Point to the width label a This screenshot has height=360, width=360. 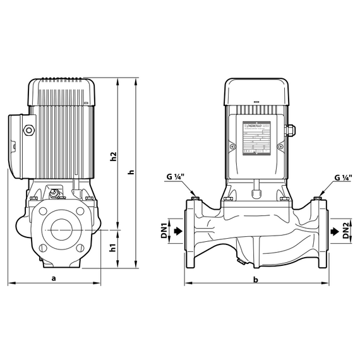54,277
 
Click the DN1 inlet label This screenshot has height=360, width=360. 164,231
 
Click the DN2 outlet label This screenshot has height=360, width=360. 346,231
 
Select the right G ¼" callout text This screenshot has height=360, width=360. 343,177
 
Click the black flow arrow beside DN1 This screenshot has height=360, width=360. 179,231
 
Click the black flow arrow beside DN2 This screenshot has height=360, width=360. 331,231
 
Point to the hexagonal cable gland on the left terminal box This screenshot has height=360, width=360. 28,131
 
